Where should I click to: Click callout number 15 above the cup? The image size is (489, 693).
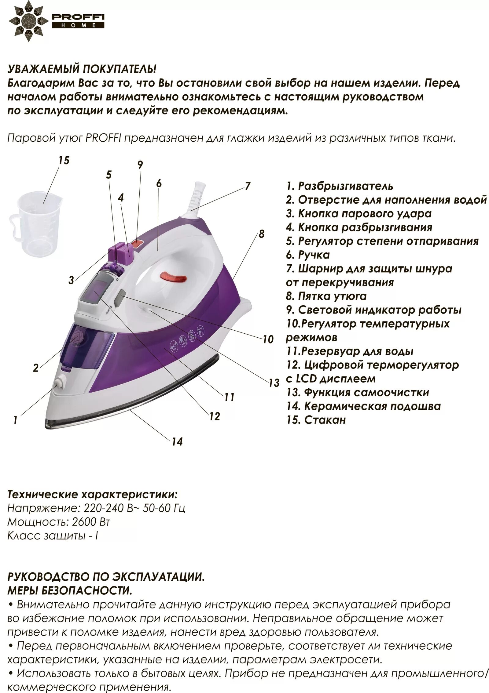coord(64,161)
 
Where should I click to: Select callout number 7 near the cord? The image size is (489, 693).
coord(247,186)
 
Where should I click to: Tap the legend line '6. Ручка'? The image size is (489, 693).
coord(308,255)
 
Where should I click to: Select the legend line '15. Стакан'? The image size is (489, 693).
coord(316,420)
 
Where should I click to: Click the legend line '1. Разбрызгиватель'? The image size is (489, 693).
coord(340,186)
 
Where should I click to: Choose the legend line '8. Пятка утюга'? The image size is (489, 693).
coord(326,296)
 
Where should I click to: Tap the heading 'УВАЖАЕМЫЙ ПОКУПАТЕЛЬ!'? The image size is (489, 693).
coord(82,69)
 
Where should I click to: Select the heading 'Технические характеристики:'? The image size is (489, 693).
coord(92,495)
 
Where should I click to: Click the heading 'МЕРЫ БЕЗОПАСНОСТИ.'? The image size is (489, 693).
coord(70,590)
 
